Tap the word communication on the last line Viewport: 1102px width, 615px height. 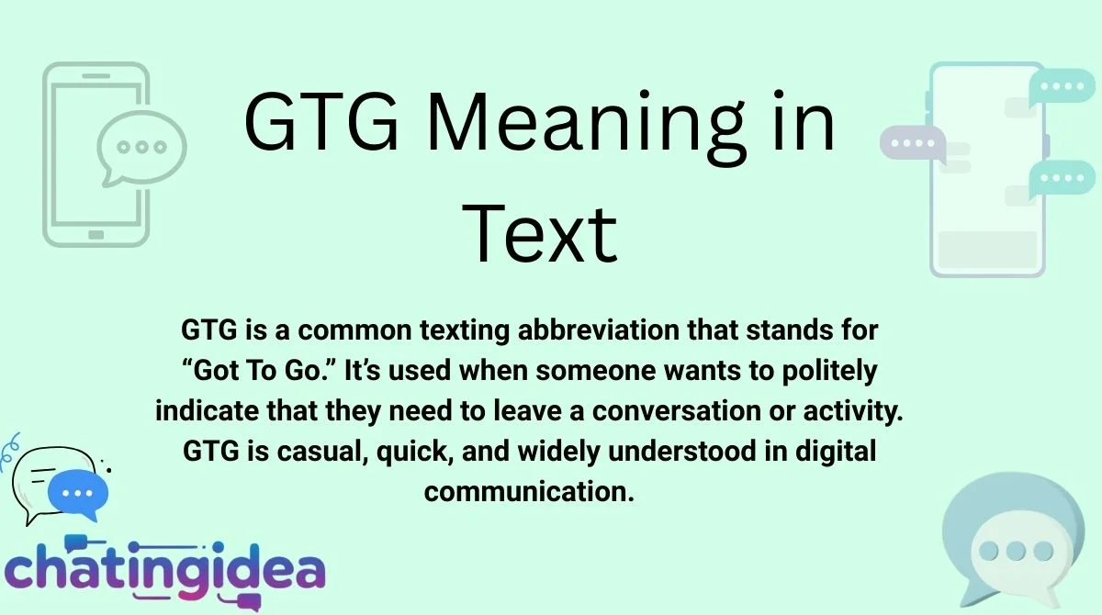coord(530,491)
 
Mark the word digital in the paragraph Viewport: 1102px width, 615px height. coord(825,451)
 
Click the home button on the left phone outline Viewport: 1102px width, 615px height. coord(96,233)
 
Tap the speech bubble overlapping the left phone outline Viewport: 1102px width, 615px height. coord(141,148)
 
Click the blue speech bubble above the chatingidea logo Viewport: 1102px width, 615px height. coord(79,493)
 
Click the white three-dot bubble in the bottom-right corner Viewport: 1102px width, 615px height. coord(1016,552)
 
